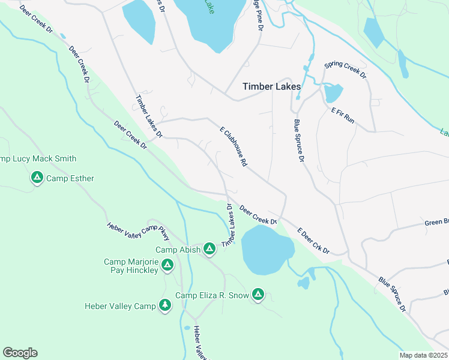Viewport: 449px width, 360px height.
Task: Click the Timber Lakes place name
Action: click(x=271, y=86)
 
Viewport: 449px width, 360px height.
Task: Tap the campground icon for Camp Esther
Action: click(x=37, y=178)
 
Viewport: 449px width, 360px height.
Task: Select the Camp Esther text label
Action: click(x=70, y=178)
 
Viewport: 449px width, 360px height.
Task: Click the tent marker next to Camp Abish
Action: click(x=209, y=248)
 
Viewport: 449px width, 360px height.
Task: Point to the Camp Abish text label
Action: click(x=177, y=250)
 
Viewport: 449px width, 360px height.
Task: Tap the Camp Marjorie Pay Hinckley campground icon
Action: click(x=167, y=264)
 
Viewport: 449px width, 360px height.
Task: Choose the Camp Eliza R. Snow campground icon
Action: click(x=258, y=294)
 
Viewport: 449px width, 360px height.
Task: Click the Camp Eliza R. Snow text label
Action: click(x=211, y=295)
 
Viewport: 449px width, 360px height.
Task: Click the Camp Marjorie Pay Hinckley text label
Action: click(x=131, y=266)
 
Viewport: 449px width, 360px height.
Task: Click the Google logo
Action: click(x=20, y=353)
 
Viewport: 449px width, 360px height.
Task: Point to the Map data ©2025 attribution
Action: click(x=423, y=355)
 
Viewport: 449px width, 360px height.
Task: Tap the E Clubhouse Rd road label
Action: click(x=234, y=146)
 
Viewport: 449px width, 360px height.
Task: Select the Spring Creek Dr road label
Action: click(x=345, y=70)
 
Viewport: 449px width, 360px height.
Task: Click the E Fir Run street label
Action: click(x=343, y=116)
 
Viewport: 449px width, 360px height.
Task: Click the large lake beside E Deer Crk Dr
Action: click(x=266, y=250)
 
